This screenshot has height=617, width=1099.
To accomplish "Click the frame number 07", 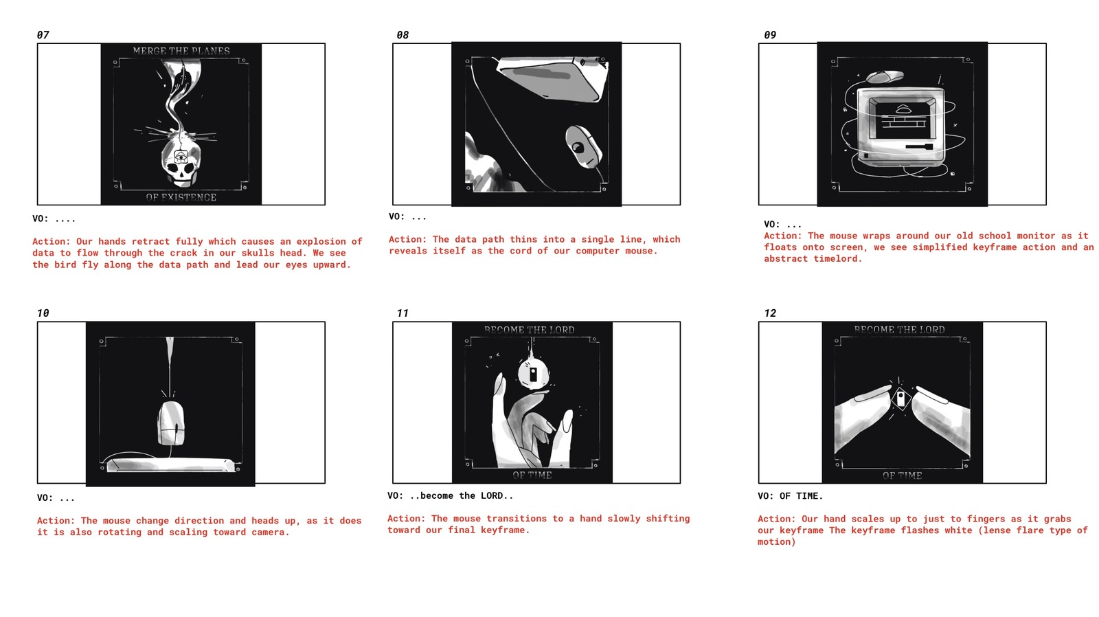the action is pyautogui.click(x=43, y=35).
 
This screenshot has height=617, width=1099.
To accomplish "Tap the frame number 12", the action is pyautogui.click(x=770, y=313).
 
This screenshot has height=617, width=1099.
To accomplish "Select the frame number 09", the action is pyautogui.click(x=770, y=35).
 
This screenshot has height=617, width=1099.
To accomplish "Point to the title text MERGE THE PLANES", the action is pyautogui.click(x=181, y=51).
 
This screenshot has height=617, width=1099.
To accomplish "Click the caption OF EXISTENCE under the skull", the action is pyautogui.click(x=181, y=197).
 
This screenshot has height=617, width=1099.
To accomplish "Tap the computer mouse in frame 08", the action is pyautogui.click(x=583, y=147).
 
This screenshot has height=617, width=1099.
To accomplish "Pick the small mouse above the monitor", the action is pyautogui.click(x=885, y=76).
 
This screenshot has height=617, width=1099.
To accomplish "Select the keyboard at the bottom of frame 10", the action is pyautogui.click(x=171, y=465).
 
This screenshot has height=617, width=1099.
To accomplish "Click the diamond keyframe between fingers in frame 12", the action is pyautogui.click(x=900, y=398).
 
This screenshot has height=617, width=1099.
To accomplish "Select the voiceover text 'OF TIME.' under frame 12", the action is pyautogui.click(x=801, y=496).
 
